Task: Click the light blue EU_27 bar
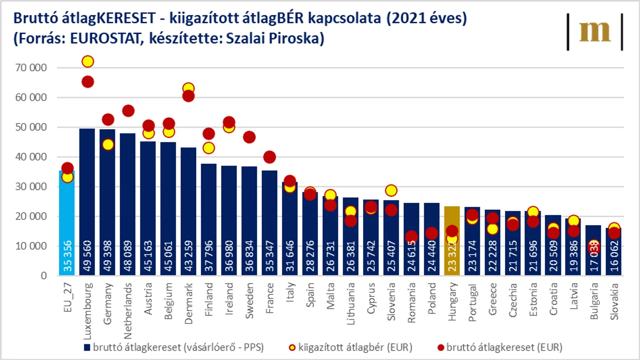pos(67,223)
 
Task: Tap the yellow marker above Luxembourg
pos(87,61)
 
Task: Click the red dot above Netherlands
pos(128,111)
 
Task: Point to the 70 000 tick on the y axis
pos(31,68)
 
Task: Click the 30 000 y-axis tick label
pos(31,187)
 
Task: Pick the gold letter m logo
pos(595,32)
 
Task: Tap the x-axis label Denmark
pos(189,297)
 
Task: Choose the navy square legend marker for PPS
pos(87,348)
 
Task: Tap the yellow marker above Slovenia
pos(391,190)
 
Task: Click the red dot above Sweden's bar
pos(249,137)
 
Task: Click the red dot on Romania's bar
pos(411,237)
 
